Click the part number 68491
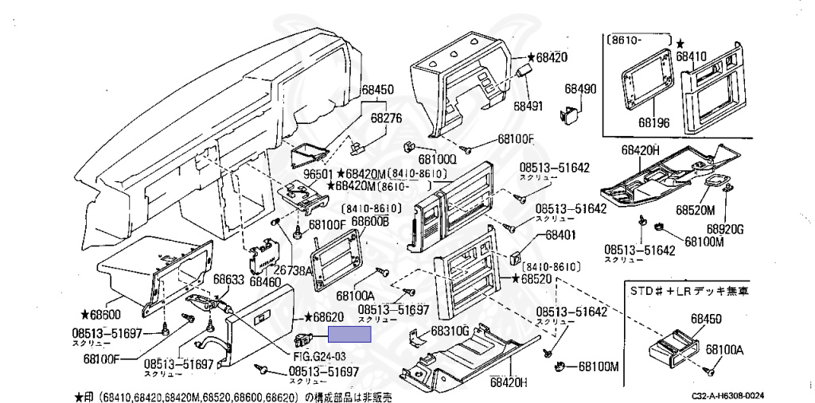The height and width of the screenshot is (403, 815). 527,105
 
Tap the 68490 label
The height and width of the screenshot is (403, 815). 581,89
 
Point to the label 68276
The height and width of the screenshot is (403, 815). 386,118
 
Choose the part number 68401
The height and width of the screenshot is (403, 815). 560,236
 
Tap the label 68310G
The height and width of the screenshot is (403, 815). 450,331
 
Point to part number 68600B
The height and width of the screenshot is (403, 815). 370,220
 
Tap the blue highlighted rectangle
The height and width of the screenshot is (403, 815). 351,334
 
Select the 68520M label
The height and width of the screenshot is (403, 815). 696,210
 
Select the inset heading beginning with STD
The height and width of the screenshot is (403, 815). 681,291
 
